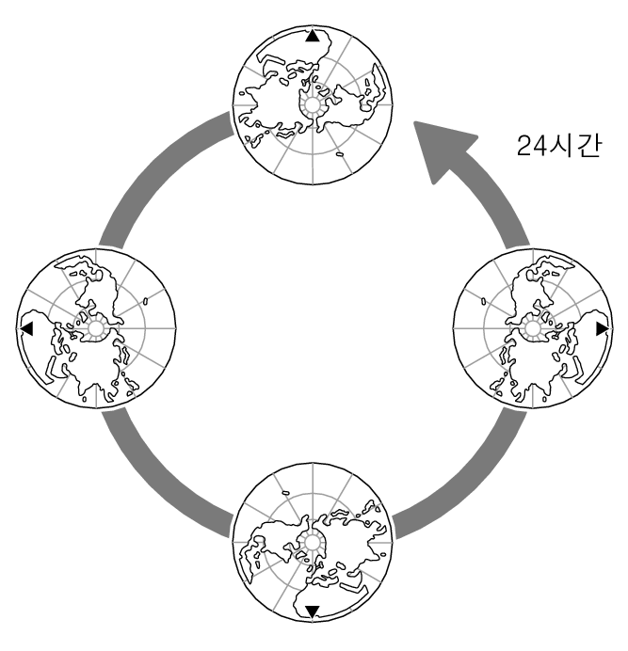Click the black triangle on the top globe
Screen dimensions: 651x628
[x=313, y=37]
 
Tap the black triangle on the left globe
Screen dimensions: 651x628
[x=26, y=328]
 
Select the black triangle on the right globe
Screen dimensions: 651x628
[x=602, y=328]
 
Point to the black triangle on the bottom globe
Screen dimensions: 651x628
[x=313, y=611]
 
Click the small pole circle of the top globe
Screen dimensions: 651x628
[x=312, y=104]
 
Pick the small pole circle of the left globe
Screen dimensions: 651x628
[x=95, y=328]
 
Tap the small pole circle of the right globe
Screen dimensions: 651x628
[x=532, y=328]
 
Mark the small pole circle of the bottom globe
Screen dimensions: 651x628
[x=312, y=543]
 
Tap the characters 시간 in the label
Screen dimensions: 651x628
[x=572, y=145]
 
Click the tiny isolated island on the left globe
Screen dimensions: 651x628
[x=148, y=302]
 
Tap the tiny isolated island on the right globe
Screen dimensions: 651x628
[x=482, y=303]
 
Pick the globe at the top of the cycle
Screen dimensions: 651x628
[x=312, y=104]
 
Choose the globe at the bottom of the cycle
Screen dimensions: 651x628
[x=312, y=543]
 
